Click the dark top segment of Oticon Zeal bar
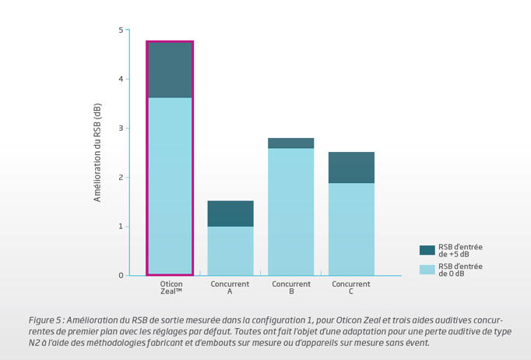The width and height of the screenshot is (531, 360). coord(170,70)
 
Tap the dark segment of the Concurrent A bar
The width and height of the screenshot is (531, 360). coord(230,214)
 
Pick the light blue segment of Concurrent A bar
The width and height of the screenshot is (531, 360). coord(230,250)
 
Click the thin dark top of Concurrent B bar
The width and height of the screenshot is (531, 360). coord(291,143)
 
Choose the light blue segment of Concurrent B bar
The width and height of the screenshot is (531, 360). coord(291,211)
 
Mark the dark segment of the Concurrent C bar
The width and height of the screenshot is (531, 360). coord(351,168)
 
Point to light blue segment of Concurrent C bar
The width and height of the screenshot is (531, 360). coord(351,229)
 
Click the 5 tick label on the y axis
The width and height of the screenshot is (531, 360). coord(120,30)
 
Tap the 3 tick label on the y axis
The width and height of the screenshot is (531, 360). coord(120,129)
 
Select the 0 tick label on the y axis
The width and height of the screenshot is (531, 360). coord(120,276)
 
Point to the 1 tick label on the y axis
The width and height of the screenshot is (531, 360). coord(120,227)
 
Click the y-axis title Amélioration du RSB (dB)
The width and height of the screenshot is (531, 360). coord(97,152)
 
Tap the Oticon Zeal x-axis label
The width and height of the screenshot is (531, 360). coord(171,288)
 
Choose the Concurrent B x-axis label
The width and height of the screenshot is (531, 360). coord(291,288)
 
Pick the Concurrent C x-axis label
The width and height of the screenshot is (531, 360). coord(351,288)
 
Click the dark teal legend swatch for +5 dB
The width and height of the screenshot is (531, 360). coord(427,250)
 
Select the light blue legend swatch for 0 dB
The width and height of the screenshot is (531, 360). coord(427,270)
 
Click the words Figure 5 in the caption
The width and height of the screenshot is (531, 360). coord(45,320)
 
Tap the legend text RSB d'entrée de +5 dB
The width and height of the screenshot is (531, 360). coord(460,250)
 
